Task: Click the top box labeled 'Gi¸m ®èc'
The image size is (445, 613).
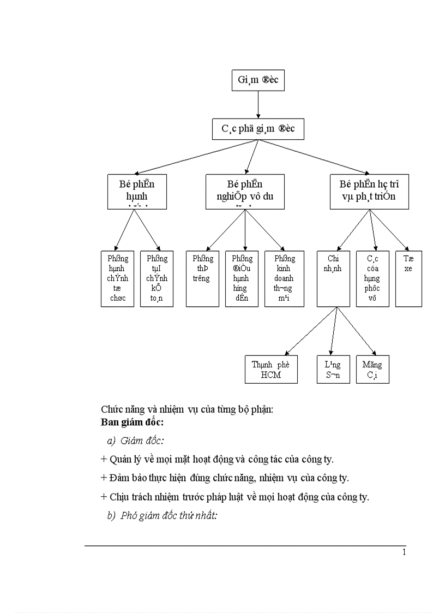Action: tap(258, 80)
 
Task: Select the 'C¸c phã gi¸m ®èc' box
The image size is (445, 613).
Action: tap(257, 129)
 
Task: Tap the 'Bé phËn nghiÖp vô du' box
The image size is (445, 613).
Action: tap(245, 192)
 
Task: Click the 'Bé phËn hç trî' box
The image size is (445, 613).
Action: tap(370, 192)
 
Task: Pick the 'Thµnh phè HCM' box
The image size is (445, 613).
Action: tap(271, 370)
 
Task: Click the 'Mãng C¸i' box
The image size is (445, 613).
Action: tap(372, 370)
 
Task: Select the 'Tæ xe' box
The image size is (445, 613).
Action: tap(408, 278)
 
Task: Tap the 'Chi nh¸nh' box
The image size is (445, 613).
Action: tap(333, 278)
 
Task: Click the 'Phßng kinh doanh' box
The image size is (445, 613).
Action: tap(284, 278)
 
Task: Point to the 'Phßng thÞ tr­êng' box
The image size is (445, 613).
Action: tap(202, 278)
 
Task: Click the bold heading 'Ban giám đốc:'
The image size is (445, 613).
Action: tap(133, 422)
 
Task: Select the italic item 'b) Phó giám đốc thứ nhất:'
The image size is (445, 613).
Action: tap(163, 516)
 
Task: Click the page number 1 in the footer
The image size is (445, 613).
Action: tap(404, 552)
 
